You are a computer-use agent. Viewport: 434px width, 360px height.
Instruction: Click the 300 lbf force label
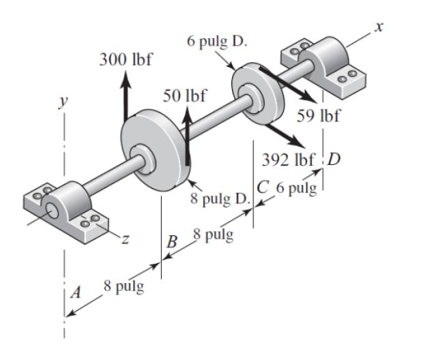pos(126,59)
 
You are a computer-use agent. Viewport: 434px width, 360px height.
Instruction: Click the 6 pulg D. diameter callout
pos(216,40)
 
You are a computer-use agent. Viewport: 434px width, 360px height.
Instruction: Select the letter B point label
pos(173,241)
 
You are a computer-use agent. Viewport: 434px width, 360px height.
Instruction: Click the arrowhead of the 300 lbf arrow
pos(126,75)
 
